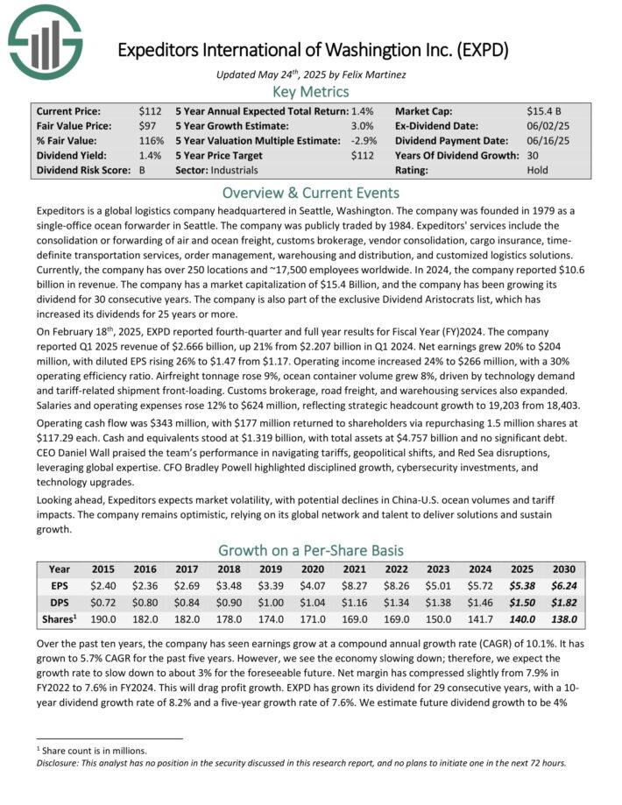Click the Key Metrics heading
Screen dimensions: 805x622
310,91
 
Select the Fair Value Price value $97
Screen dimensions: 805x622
152,128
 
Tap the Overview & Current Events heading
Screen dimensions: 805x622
310,193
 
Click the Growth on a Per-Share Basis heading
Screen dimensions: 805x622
310,550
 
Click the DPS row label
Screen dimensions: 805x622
60,603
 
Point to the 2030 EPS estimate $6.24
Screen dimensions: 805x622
563,586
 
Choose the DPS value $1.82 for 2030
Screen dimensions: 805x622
563,603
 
